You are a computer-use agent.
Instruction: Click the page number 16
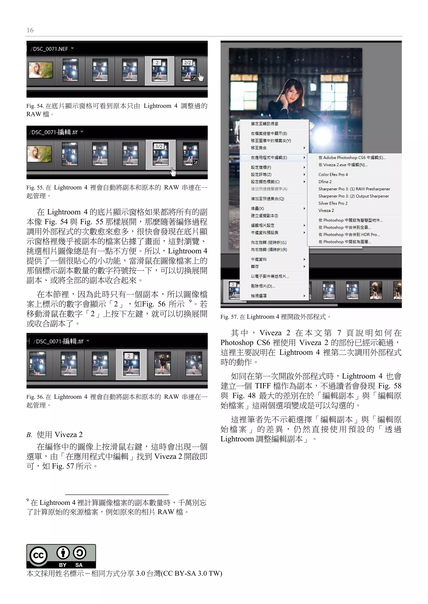(30, 30)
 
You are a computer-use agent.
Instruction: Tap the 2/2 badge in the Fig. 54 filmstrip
(188, 63)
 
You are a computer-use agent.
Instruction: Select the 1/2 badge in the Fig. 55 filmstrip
(159, 146)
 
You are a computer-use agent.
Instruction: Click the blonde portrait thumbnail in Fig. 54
(41, 70)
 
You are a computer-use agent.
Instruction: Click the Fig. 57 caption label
(229, 317)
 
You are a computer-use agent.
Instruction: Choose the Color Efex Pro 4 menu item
(333, 174)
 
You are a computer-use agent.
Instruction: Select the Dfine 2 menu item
(325, 182)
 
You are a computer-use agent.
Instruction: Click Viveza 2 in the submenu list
(326, 211)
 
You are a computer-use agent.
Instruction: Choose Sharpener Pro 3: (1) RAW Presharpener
(354, 189)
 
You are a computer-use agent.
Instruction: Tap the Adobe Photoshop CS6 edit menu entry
(352, 158)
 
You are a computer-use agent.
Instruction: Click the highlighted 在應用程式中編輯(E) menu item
(269, 158)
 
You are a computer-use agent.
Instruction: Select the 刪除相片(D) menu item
(263, 286)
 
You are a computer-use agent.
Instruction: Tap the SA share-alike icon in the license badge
(79, 553)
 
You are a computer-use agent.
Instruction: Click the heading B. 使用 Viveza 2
(55, 435)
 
